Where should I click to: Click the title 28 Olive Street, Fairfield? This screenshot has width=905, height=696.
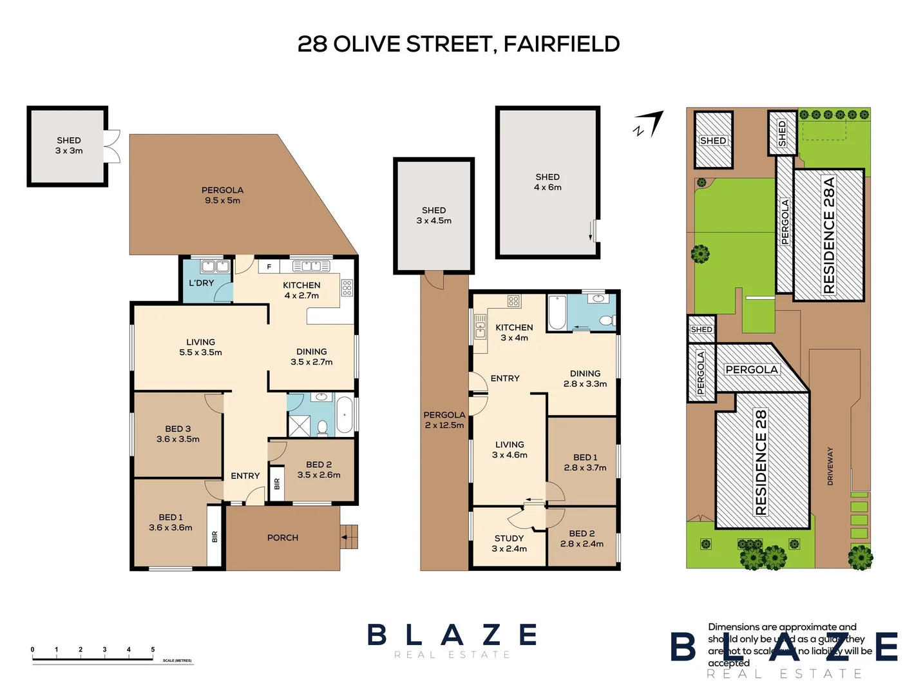(x=458, y=44)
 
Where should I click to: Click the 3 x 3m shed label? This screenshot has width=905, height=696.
(x=69, y=146)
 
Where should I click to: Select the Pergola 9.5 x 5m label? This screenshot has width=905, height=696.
(x=222, y=195)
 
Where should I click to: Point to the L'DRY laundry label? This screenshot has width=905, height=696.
(x=201, y=283)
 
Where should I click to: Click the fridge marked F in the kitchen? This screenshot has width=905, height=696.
(x=269, y=266)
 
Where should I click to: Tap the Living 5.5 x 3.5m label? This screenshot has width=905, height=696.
(x=200, y=347)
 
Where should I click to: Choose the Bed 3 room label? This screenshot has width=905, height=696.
(x=178, y=434)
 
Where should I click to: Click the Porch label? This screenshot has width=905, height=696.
(x=283, y=537)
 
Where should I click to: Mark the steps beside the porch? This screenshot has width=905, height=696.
(x=349, y=537)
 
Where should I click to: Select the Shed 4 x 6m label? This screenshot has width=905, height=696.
(x=548, y=182)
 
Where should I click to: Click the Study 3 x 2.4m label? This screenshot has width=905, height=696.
(x=509, y=543)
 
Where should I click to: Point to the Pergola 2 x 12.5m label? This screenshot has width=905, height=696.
(x=444, y=420)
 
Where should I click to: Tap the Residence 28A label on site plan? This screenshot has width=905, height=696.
(x=829, y=235)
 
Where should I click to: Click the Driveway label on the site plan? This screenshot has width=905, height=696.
(x=830, y=466)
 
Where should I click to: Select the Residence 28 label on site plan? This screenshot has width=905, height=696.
(x=761, y=462)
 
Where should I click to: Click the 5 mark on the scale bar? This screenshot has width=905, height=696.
(x=153, y=650)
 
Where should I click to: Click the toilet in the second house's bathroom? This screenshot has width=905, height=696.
(x=605, y=320)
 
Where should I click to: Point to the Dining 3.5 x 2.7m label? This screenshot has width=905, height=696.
(x=312, y=356)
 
